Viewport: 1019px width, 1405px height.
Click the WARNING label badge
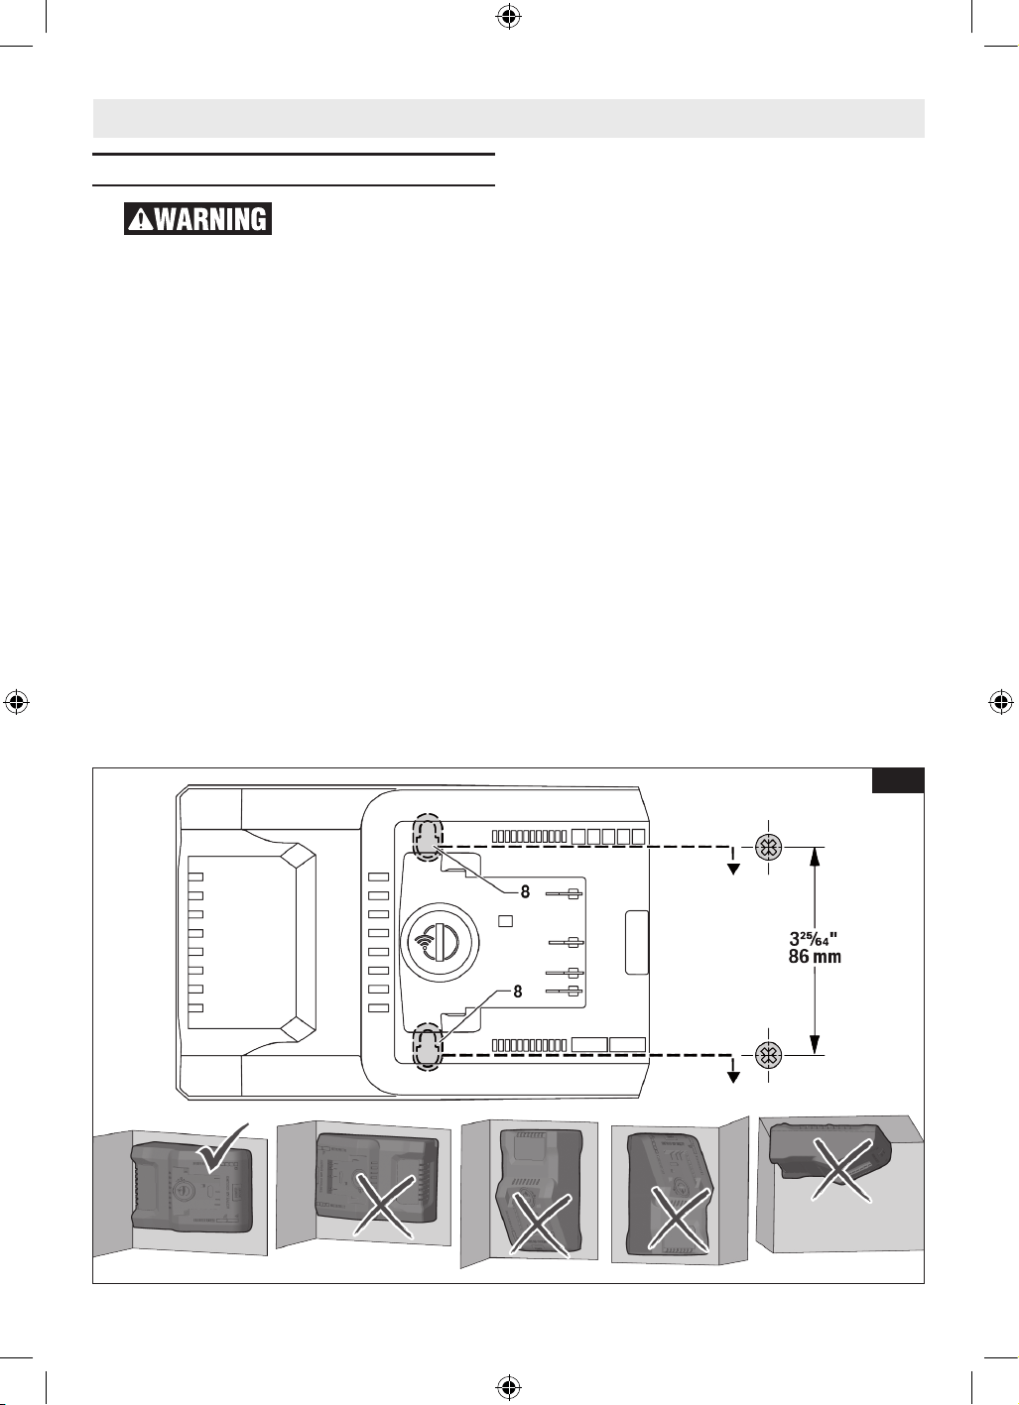tap(197, 218)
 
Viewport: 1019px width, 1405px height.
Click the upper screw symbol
tap(768, 848)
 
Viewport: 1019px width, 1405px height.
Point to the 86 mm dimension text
tap(815, 957)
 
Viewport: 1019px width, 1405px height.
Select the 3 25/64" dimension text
tap(813, 939)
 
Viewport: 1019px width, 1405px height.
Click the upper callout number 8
tap(525, 891)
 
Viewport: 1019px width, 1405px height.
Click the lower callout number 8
tap(517, 992)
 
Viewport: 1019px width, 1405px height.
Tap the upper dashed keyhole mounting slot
tap(428, 838)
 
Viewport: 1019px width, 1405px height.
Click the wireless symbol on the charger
tap(425, 942)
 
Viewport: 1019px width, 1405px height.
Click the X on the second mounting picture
tap(383, 1205)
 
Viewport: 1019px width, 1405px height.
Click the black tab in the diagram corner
tap(898, 780)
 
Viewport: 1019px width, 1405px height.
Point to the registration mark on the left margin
tap(16, 702)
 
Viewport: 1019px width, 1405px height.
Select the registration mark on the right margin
tap(1001, 702)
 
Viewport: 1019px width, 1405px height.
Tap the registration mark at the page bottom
tap(509, 1387)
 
